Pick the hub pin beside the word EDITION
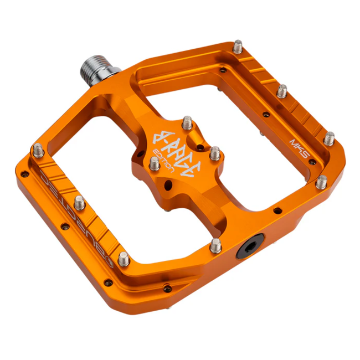pyautogui.click(x=155, y=163)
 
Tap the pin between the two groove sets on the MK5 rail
pyautogui.click(x=282, y=90)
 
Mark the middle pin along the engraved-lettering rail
pyautogui.click(x=79, y=203)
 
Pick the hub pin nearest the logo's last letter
pyautogui.click(x=214, y=153)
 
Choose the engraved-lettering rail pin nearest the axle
pyautogui.click(x=38, y=148)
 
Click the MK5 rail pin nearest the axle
pyautogui.click(x=238, y=45)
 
